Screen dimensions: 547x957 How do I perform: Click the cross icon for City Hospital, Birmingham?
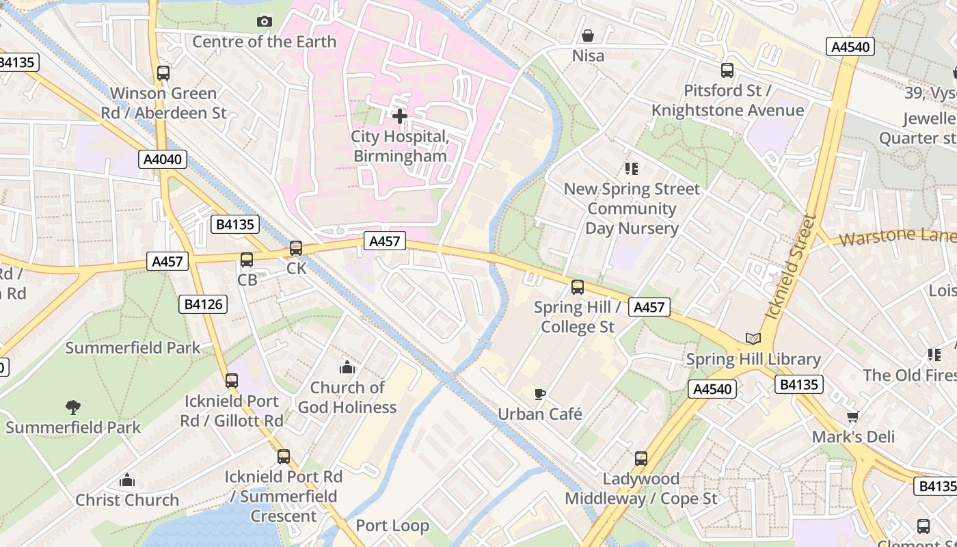coord(400,116)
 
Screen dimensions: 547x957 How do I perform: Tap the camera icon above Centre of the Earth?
coord(265,22)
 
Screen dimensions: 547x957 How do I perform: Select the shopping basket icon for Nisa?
coord(588,36)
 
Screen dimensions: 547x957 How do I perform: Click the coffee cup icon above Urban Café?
coord(540,394)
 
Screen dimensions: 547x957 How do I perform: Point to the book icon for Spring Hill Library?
coord(753,339)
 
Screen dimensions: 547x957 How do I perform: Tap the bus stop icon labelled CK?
coord(296,248)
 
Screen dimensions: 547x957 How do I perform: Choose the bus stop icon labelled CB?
coord(247,260)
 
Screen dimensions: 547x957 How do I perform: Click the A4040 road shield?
coord(162,160)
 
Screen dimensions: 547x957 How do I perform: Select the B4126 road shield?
coord(203,304)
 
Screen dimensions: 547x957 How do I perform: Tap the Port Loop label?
coord(392,526)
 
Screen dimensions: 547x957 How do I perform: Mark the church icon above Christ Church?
coord(127,480)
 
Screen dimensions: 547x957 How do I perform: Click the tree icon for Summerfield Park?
coord(73,408)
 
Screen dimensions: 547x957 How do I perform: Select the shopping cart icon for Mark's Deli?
coord(852,416)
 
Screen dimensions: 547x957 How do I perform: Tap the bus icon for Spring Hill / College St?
coord(578,287)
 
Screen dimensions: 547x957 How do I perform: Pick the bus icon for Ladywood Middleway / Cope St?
coord(641,459)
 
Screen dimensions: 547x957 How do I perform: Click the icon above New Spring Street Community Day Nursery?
coord(631,169)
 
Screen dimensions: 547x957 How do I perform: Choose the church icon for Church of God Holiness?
coord(347,368)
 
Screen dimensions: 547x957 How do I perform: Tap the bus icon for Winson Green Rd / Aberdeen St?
coord(163,73)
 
